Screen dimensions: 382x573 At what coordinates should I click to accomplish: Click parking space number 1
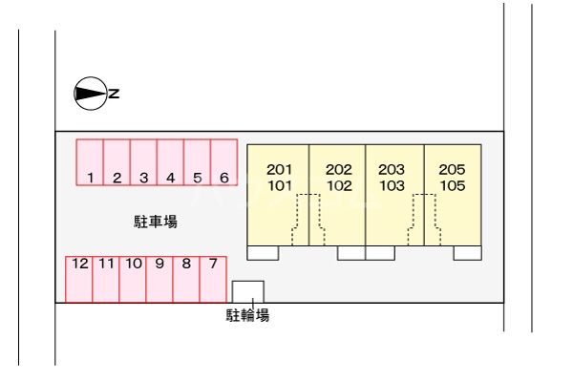coord(90,162)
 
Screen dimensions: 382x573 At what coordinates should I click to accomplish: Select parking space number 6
coord(223,162)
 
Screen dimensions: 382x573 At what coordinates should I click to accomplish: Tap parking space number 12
coord(79,278)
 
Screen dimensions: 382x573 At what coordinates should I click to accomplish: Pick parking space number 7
coord(213,278)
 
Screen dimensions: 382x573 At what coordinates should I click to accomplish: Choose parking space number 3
coord(143,162)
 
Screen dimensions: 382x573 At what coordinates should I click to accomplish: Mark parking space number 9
coord(159,278)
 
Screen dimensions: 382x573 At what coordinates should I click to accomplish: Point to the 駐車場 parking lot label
coord(155,223)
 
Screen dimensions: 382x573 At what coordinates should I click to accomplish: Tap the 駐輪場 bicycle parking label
coord(247,315)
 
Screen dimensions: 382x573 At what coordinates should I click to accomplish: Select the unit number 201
coord(279,170)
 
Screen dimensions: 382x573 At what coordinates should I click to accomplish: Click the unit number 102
coord(339,186)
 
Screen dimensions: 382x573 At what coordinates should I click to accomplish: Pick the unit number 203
coord(393,170)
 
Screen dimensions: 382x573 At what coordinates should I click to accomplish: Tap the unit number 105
coord(453,186)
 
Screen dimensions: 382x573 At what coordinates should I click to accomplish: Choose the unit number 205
coord(453,170)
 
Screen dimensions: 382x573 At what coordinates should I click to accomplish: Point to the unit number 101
coord(279,186)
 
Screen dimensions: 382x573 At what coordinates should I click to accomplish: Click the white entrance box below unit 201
coord(263,253)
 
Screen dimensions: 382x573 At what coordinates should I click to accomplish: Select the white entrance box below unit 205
coord(467,253)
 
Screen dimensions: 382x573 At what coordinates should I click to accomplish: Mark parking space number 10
coord(133,278)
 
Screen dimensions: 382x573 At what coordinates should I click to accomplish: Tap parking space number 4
coord(170,162)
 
